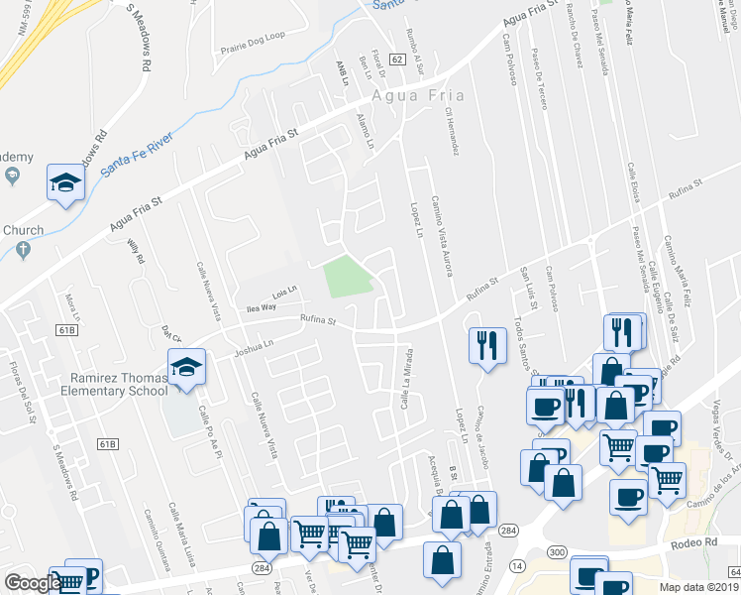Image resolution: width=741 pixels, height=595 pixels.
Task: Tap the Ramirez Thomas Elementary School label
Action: point(119,384)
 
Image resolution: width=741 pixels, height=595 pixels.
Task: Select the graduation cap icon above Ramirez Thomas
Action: point(183,367)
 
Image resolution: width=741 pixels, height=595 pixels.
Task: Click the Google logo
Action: point(33,583)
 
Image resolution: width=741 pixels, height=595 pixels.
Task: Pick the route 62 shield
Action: point(397,60)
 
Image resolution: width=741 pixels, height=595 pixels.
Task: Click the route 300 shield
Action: point(556,551)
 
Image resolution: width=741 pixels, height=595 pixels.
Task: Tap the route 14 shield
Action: point(516,563)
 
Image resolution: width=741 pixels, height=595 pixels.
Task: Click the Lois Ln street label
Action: point(285,293)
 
